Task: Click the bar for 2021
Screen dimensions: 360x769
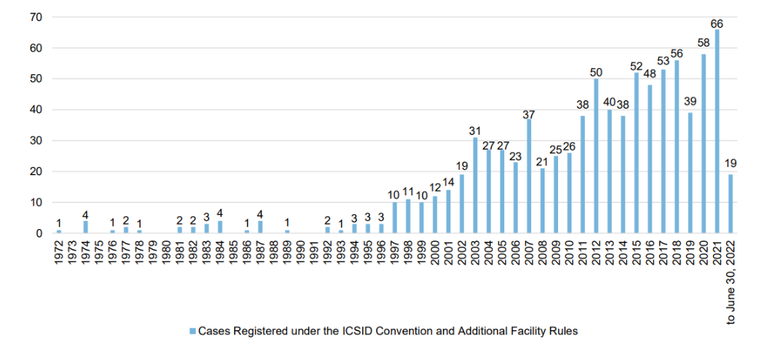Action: point(717,132)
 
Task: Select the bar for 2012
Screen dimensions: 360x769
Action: point(596,156)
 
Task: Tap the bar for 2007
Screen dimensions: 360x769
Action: point(529,177)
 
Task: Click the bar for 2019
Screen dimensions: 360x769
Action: point(690,173)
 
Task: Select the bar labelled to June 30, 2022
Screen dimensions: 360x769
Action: point(731,204)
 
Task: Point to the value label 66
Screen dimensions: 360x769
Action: point(717,24)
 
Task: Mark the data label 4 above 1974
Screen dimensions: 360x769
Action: point(85,215)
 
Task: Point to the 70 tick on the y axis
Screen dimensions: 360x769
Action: point(36,17)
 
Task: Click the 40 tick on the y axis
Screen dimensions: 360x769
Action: point(36,110)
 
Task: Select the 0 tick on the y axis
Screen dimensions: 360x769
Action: point(39,234)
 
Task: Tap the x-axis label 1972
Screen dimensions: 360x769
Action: point(59,254)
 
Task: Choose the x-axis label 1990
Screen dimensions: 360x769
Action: point(301,254)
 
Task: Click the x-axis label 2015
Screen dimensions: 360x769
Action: point(637,254)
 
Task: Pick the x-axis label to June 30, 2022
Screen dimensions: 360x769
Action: point(731,281)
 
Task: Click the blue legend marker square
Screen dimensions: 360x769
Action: point(192,331)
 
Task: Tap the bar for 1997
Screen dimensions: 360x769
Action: point(395,218)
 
